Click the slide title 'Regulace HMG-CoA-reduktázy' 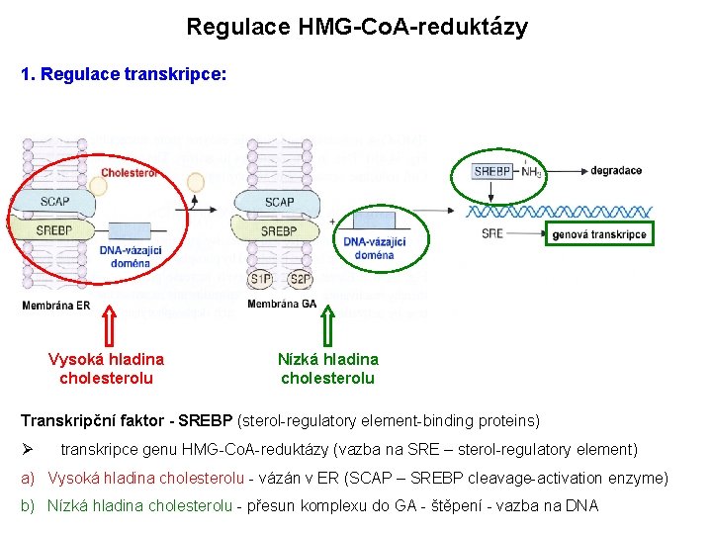[x=357, y=27]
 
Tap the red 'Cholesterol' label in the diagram [x=129, y=173]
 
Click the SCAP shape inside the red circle [x=55, y=202]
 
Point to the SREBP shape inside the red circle [x=55, y=230]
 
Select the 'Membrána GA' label [x=282, y=305]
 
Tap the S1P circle [x=260, y=280]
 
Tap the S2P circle [x=301, y=280]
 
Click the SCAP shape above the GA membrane [x=280, y=202]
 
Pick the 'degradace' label [x=616, y=171]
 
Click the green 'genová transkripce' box [x=599, y=234]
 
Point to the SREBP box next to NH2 [x=491, y=171]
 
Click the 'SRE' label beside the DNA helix [x=491, y=234]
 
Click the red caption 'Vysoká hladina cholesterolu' [x=107, y=369]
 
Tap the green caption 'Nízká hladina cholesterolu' [x=328, y=369]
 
